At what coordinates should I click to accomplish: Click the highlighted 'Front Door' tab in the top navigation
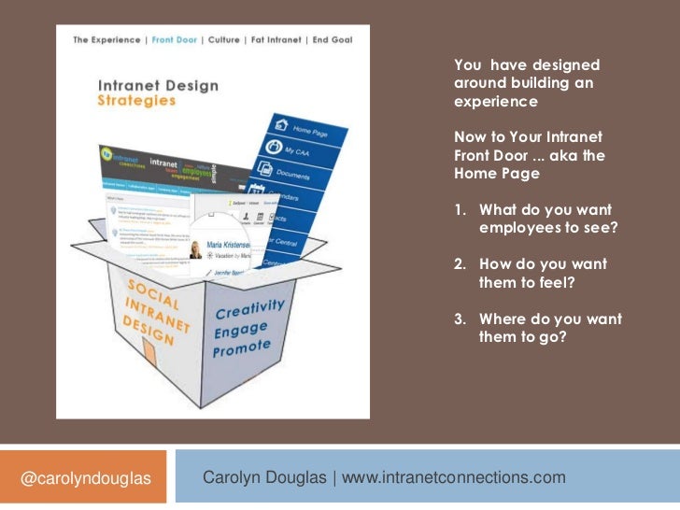[177, 40]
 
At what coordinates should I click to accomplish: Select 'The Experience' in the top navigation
[106, 40]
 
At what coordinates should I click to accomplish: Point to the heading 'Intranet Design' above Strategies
[159, 85]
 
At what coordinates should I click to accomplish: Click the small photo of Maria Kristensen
[196, 250]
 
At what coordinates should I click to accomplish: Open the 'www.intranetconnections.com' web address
[454, 477]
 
